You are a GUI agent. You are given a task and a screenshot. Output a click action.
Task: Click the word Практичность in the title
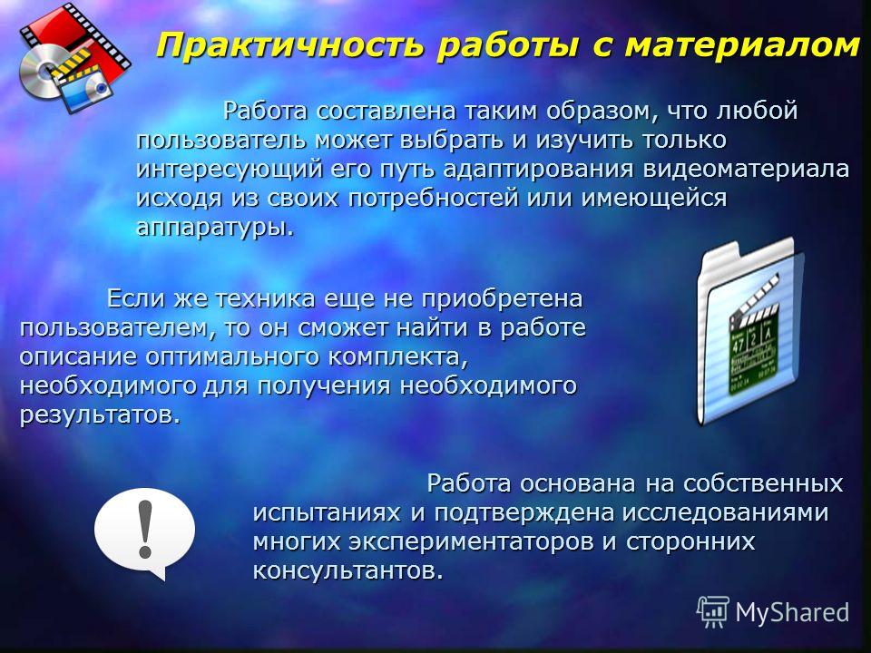coord(289,45)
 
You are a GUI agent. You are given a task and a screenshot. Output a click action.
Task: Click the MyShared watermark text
coord(792,613)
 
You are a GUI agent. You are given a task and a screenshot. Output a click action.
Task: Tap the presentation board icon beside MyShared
coord(713,612)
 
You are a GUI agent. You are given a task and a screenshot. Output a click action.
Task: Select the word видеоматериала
coord(746,169)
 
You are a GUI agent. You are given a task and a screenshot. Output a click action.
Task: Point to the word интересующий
coord(229,170)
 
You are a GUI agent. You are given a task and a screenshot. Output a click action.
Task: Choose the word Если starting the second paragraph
coord(136,298)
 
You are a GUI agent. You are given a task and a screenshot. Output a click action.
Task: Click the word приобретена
coord(502,299)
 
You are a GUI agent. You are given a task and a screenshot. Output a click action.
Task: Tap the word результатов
coord(101,414)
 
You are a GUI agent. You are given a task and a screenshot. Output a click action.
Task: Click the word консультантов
coord(348,570)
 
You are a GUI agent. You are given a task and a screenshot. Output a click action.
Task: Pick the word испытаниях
coord(328,512)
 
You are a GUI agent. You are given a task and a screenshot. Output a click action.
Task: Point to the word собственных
coord(763,483)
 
